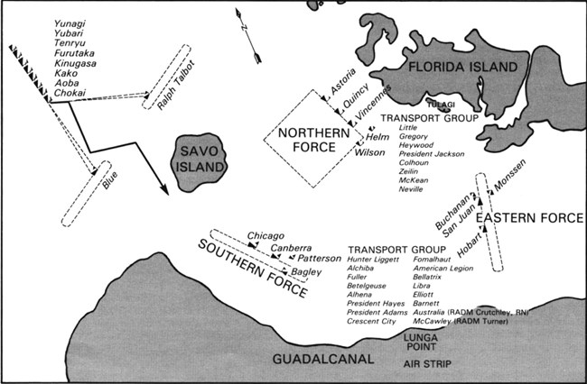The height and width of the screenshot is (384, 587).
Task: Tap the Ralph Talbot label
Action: coord(177,87)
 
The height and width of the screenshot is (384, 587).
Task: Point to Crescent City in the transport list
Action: coord(372,321)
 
